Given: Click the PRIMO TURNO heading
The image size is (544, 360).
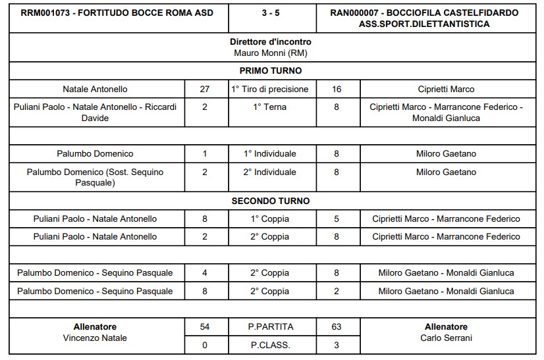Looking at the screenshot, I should pyautogui.click(x=271, y=70).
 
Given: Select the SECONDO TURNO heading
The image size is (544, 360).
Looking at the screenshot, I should pyautogui.click(x=271, y=201).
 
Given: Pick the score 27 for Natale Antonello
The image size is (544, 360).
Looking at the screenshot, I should pyautogui.click(x=204, y=89).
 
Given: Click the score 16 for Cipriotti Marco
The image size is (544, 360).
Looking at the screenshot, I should pyautogui.click(x=337, y=89).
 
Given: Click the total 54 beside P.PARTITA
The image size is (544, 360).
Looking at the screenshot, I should pyautogui.click(x=204, y=326).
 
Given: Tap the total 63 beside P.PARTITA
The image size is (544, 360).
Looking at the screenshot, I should pyautogui.click(x=337, y=326).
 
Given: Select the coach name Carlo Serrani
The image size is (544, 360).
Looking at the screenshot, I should pyautogui.click(x=446, y=338).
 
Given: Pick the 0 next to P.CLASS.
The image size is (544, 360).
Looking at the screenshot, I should pyautogui.click(x=204, y=345).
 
